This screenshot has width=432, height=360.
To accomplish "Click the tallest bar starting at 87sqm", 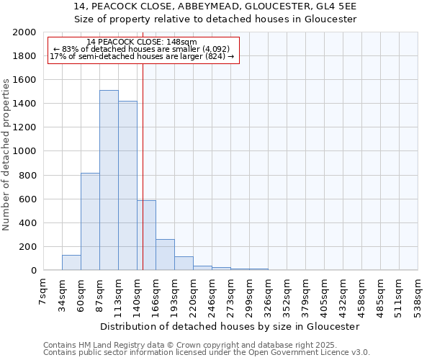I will pyautogui.click(x=109, y=180).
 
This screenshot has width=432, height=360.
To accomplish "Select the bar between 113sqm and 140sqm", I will pyautogui.click(x=127, y=186).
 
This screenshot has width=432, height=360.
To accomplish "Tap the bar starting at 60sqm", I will pyautogui.click(x=90, y=222).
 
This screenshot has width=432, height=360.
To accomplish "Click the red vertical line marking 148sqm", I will pyautogui.click(x=143, y=158).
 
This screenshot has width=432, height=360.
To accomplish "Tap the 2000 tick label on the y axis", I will pyautogui.click(x=24, y=32).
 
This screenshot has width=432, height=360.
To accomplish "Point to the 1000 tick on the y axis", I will pyautogui.click(x=24, y=151).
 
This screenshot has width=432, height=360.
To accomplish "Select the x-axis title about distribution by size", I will pyautogui.click(x=230, y=326).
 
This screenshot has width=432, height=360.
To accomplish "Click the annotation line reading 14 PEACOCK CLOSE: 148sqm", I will pyautogui.click(x=141, y=42).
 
